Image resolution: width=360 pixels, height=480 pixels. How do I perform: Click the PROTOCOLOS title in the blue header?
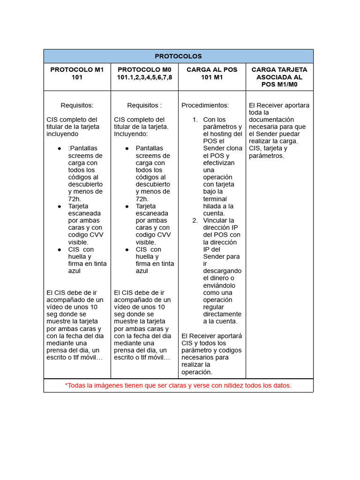click(x=178, y=56)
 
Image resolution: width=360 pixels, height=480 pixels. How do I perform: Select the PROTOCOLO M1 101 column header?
click(x=77, y=73)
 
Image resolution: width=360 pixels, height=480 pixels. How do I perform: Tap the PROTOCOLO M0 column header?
click(x=144, y=73)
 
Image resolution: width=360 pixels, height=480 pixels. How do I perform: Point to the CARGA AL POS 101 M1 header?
click(x=212, y=73)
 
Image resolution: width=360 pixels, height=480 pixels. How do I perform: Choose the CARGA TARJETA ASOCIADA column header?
click(x=279, y=77)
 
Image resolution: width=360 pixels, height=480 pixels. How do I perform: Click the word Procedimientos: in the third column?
click(x=205, y=105)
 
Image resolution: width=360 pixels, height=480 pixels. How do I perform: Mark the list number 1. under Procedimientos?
click(x=195, y=120)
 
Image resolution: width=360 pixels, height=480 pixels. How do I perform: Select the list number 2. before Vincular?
click(x=195, y=220)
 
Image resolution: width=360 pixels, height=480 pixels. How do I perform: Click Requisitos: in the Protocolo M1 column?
click(x=77, y=105)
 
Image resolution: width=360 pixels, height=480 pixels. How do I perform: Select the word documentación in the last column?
click(x=271, y=120)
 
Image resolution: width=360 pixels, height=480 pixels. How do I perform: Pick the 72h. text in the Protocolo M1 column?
click(x=75, y=199)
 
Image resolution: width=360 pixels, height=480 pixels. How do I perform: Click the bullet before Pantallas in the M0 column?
click(x=127, y=149)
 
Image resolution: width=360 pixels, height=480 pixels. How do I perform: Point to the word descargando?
click(x=222, y=271)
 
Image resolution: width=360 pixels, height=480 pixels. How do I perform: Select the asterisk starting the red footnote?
click(x=67, y=385)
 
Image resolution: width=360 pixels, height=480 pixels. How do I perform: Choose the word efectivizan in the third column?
click(x=219, y=163)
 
